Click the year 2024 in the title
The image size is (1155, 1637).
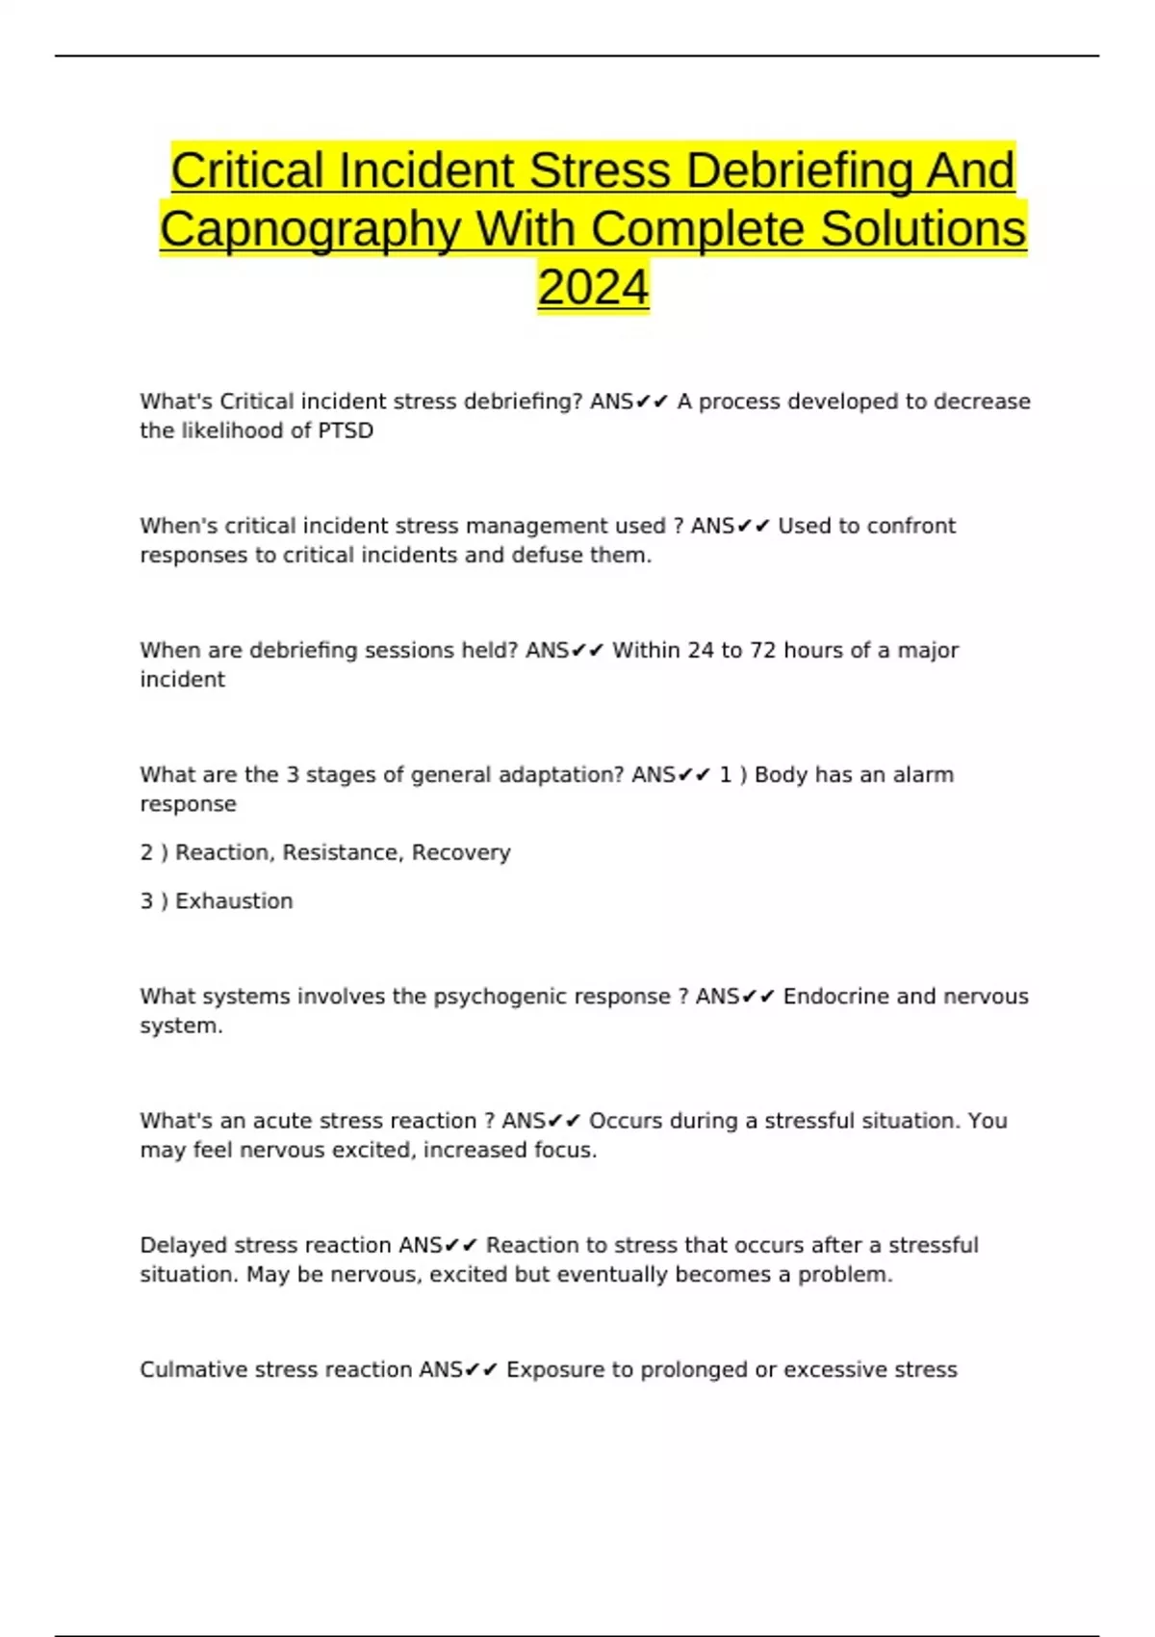tap(593, 287)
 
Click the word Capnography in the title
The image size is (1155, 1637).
tap(310, 229)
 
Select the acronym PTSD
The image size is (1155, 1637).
tap(345, 430)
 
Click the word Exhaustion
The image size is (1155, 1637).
tap(234, 901)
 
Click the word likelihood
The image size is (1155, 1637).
tap(232, 430)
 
